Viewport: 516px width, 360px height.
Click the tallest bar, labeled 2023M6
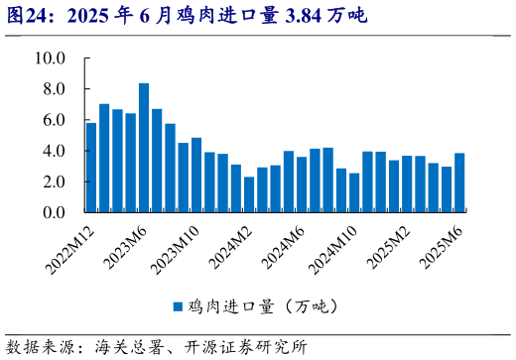pyautogui.click(x=144, y=148)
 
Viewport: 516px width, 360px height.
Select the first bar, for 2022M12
pyautogui.click(x=91, y=168)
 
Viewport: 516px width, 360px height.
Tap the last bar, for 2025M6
pyautogui.click(x=459, y=182)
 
